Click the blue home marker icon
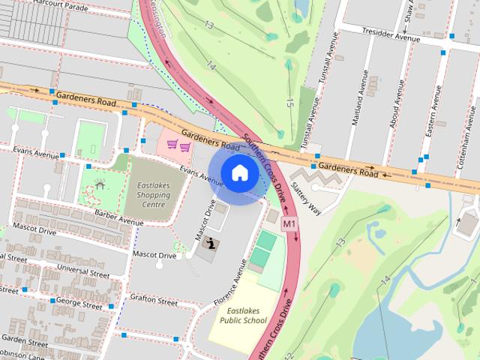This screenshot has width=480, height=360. pyautogui.click(x=239, y=173)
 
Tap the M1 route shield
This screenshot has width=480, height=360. pyautogui.click(x=289, y=223)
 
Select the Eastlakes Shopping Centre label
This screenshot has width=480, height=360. pyautogui.click(x=152, y=195)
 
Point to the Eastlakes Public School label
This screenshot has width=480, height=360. pyautogui.click(x=243, y=316)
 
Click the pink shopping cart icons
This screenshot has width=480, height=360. pyautogui.click(x=178, y=146)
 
